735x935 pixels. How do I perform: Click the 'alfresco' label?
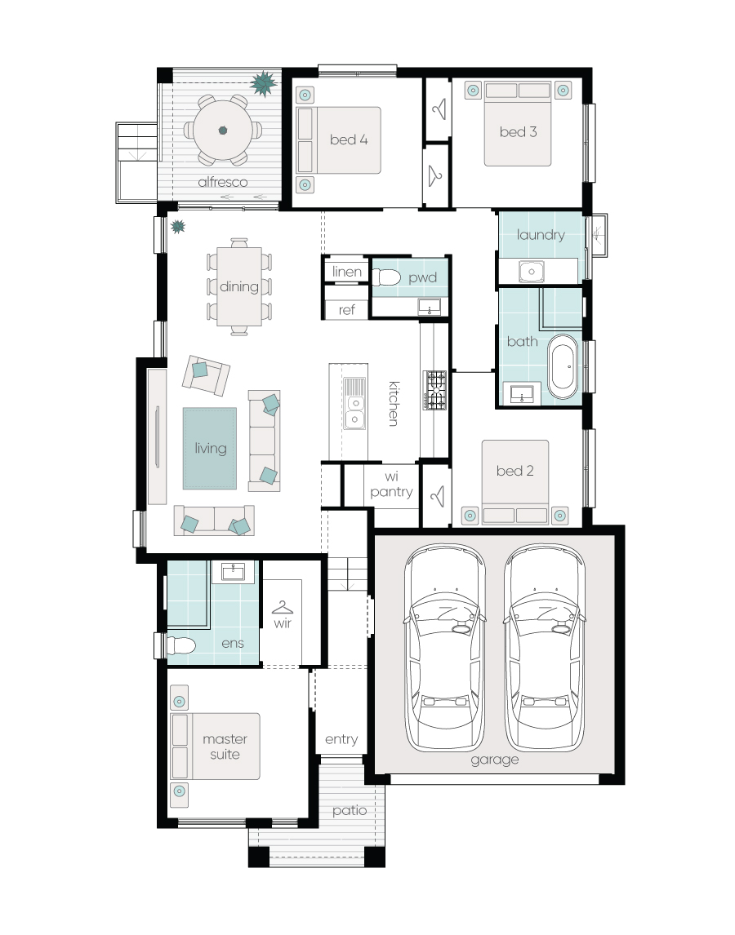pos(223,182)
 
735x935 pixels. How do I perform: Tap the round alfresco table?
pos(223,130)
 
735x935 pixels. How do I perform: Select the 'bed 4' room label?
pos(349,140)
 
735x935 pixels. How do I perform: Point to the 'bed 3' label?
pos(519,132)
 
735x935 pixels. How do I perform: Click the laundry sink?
pos(531,272)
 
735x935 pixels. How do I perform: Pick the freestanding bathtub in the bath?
pos(563,366)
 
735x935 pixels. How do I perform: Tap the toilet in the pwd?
pos(386,277)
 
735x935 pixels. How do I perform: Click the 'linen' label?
pos(347,272)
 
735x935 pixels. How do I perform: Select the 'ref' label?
pos(347,310)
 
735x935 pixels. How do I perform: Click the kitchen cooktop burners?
pos(434,391)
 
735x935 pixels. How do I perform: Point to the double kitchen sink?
pos(354,404)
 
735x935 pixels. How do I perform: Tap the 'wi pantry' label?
pos(392,484)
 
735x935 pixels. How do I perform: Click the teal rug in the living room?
pos(210,449)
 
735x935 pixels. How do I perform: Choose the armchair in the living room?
pos(206,375)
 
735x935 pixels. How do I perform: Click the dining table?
pos(238,286)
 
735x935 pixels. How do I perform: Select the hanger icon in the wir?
pos(283,607)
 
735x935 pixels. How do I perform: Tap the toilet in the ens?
pos(181,645)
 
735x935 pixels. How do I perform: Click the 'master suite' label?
pos(225,747)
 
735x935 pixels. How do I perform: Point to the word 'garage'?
pos(494,760)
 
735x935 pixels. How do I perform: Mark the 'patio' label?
pos(350,811)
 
